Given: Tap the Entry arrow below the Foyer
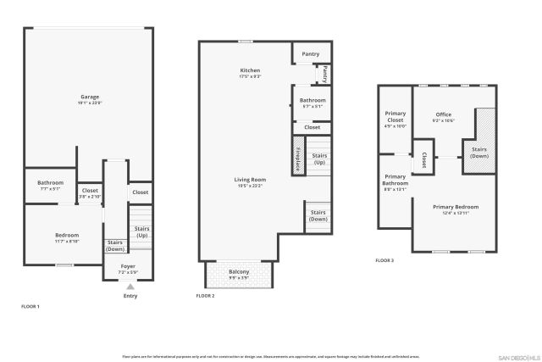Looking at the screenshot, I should (130, 287).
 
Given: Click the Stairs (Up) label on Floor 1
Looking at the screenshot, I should (141, 231).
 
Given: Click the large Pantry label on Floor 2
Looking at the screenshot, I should (311, 53).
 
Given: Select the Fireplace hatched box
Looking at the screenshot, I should (298, 159).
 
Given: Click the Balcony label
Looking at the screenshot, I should (239, 274).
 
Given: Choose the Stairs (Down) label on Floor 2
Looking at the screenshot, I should (318, 215).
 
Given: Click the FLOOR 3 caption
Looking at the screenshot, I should (384, 260).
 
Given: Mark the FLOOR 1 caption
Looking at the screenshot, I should (30, 305).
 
